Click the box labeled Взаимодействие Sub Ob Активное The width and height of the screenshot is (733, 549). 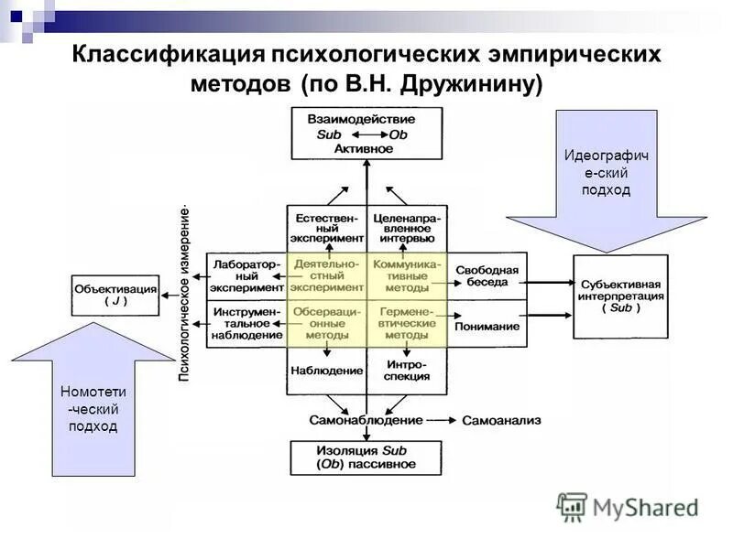366,134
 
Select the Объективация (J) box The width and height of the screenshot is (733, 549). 115,295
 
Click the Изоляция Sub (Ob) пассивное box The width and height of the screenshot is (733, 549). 366,457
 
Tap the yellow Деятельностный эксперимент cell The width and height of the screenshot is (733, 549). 327,275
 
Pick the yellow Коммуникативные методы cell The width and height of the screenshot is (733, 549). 407,275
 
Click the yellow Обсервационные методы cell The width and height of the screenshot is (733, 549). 327,323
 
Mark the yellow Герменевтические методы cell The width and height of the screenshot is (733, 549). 407,323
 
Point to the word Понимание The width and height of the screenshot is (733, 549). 487,326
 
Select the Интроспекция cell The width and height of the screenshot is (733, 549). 407,371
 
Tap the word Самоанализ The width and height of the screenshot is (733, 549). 501,421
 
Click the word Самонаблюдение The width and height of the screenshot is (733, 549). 365,420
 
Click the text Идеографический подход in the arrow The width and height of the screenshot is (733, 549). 606,173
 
